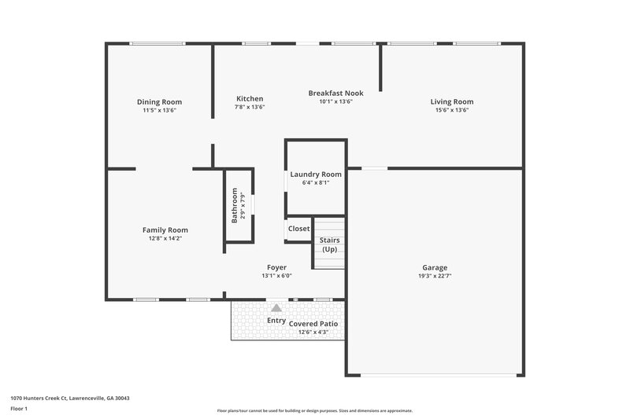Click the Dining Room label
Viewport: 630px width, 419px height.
click(159, 101)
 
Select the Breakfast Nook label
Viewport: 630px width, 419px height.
click(335, 93)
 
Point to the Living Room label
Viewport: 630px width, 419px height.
click(451, 101)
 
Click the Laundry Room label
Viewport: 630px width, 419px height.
click(316, 174)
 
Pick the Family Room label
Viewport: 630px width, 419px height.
click(165, 230)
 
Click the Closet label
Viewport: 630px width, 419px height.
click(298, 229)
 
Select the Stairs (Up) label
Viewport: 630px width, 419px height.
click(329, 244)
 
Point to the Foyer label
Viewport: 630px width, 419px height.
click(276, 267)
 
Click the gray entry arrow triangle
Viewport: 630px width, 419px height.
click(276, 309)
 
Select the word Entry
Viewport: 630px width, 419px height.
click(276, 320)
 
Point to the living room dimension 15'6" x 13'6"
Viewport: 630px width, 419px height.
click(451, 111)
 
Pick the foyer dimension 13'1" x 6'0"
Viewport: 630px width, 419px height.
click(276, 276)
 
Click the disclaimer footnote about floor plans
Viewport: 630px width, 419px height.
click(314, 410)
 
